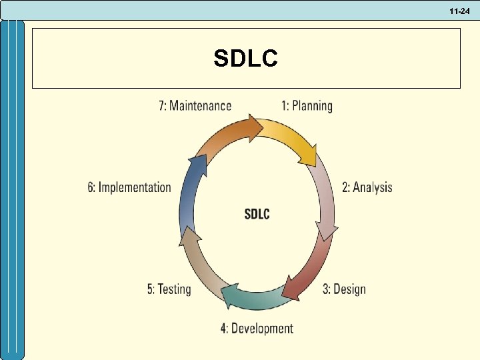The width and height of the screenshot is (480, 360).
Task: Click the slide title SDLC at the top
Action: click(246, 59)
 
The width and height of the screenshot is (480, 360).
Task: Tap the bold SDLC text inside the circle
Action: click(257, 213)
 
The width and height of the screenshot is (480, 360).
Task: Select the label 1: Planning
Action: click(307, 105)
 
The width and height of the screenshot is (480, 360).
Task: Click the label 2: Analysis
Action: click(367, 187)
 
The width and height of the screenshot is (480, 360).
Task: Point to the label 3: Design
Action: click(344, 289)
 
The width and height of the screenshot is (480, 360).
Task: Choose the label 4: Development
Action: click(257, 328)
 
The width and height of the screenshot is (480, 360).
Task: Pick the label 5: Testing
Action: click(169, 289)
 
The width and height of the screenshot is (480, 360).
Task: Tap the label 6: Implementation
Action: click(129, 187)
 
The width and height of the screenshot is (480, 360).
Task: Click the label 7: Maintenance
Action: click(195, 105)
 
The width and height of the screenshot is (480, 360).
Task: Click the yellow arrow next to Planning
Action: click(293, 140)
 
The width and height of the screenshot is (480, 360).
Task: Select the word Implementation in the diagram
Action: click(135, 187)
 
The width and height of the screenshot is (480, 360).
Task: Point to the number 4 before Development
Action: click(224, 328)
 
